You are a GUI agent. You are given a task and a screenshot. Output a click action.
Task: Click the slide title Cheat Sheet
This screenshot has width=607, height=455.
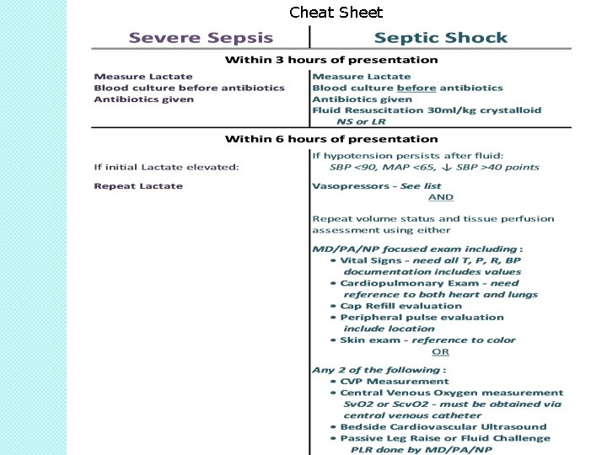tap(336, 13)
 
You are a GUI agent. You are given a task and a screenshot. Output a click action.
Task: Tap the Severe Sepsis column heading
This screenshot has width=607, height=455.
tap(201, 38)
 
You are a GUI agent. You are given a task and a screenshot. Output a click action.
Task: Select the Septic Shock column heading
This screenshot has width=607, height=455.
tap(440, 38)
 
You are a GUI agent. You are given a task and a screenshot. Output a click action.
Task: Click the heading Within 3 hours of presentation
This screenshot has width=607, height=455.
tap(330, 60)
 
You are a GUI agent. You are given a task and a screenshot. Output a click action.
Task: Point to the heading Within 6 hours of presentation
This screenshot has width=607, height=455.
tap(330, 139)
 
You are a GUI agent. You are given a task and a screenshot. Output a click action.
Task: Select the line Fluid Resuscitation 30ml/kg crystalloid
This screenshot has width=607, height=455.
tap(427, 110)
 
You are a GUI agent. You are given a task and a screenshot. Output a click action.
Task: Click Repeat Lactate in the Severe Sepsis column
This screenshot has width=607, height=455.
tap(138, 186)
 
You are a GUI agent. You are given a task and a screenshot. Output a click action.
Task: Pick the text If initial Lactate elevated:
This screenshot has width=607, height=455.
tap(166, 167)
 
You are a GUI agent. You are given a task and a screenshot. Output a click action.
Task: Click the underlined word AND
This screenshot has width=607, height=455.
tap(440, 197)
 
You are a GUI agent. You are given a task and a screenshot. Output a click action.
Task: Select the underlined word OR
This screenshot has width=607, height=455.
tap(440, 351)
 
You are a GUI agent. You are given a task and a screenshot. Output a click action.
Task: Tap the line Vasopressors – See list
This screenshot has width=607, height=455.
tap(376, 185)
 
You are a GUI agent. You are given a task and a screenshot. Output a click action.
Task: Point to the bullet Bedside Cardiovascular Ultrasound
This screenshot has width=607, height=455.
tap(432, 426)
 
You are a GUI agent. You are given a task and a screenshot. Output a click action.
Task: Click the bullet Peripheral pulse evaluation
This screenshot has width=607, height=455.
tap(422, 318)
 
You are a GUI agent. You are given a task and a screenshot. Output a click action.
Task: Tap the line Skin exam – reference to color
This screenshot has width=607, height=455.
tap(427, 340)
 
